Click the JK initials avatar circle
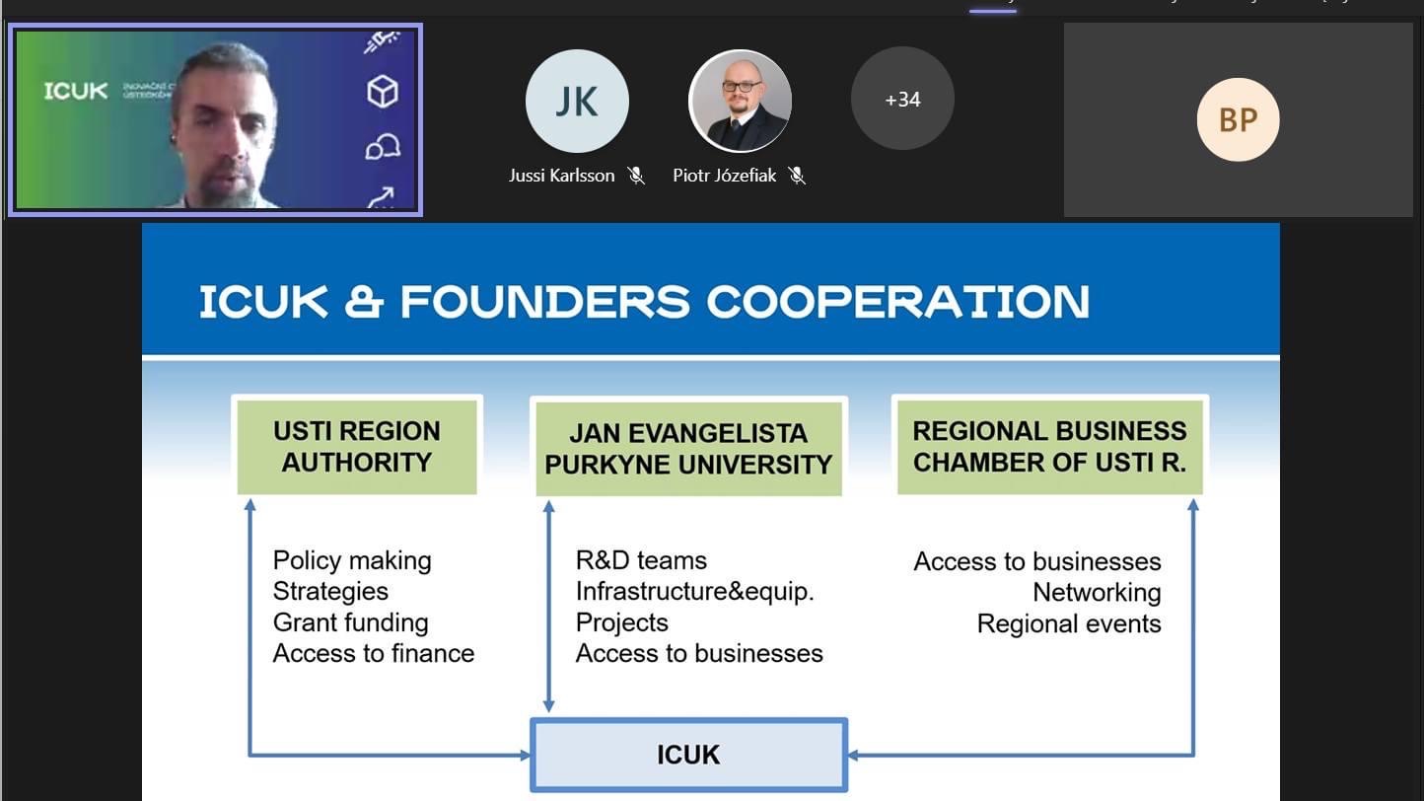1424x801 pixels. coord(577,102)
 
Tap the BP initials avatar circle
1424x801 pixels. coord(1238,119)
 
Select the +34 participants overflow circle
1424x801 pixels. coord(902,99)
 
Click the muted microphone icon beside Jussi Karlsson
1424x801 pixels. coord(636,176)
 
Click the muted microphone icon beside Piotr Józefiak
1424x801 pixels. coord(797,176)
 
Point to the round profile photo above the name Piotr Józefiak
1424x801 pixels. coord(739,102)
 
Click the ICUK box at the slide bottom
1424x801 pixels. coord(688,755)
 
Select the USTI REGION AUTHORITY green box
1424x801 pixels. coord(357,447)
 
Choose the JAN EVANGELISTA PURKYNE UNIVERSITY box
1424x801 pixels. coord(688,449)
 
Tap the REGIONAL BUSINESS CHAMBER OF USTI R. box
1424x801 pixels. coord(1049,447)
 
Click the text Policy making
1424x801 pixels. coord(352,560)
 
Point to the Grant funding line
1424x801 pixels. coord(350,622)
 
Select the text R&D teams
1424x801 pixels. coord(641,560)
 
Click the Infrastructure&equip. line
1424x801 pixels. coord(694,592)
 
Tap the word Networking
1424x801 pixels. coord(1097,592)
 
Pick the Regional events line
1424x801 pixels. coord(1069,623)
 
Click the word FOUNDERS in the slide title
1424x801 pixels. coord(544,302)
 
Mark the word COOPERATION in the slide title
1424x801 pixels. coord(898,302)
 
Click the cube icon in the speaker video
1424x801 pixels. coord(382,92)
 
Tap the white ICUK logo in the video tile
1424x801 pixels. coord(76,92)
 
